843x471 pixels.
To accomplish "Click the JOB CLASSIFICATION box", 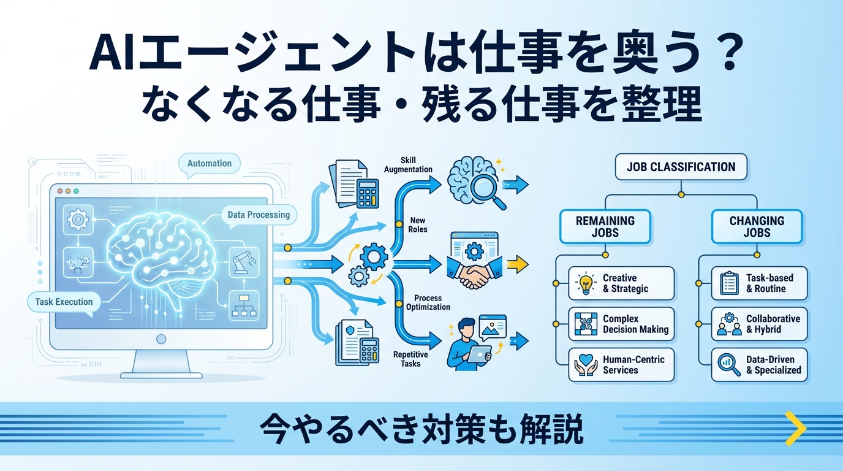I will (681, 167).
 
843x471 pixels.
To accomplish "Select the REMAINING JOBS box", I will (605, 226).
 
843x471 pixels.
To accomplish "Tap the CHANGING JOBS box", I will (757, 226).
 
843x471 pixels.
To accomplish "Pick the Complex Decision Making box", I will (621, 324).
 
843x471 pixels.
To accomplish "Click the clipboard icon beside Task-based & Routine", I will (729, 283).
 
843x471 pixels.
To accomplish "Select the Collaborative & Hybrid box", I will (759, 324).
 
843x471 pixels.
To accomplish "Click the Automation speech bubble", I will (210, 164).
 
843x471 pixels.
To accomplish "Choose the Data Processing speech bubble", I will (259, 215).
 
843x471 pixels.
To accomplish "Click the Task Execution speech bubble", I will (64, 302).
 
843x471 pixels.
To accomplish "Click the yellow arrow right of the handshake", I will (518, 264).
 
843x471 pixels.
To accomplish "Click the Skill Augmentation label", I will (408, 164).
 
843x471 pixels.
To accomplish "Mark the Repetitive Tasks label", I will (410, 359).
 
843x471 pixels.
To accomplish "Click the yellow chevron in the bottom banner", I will (795, 429).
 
